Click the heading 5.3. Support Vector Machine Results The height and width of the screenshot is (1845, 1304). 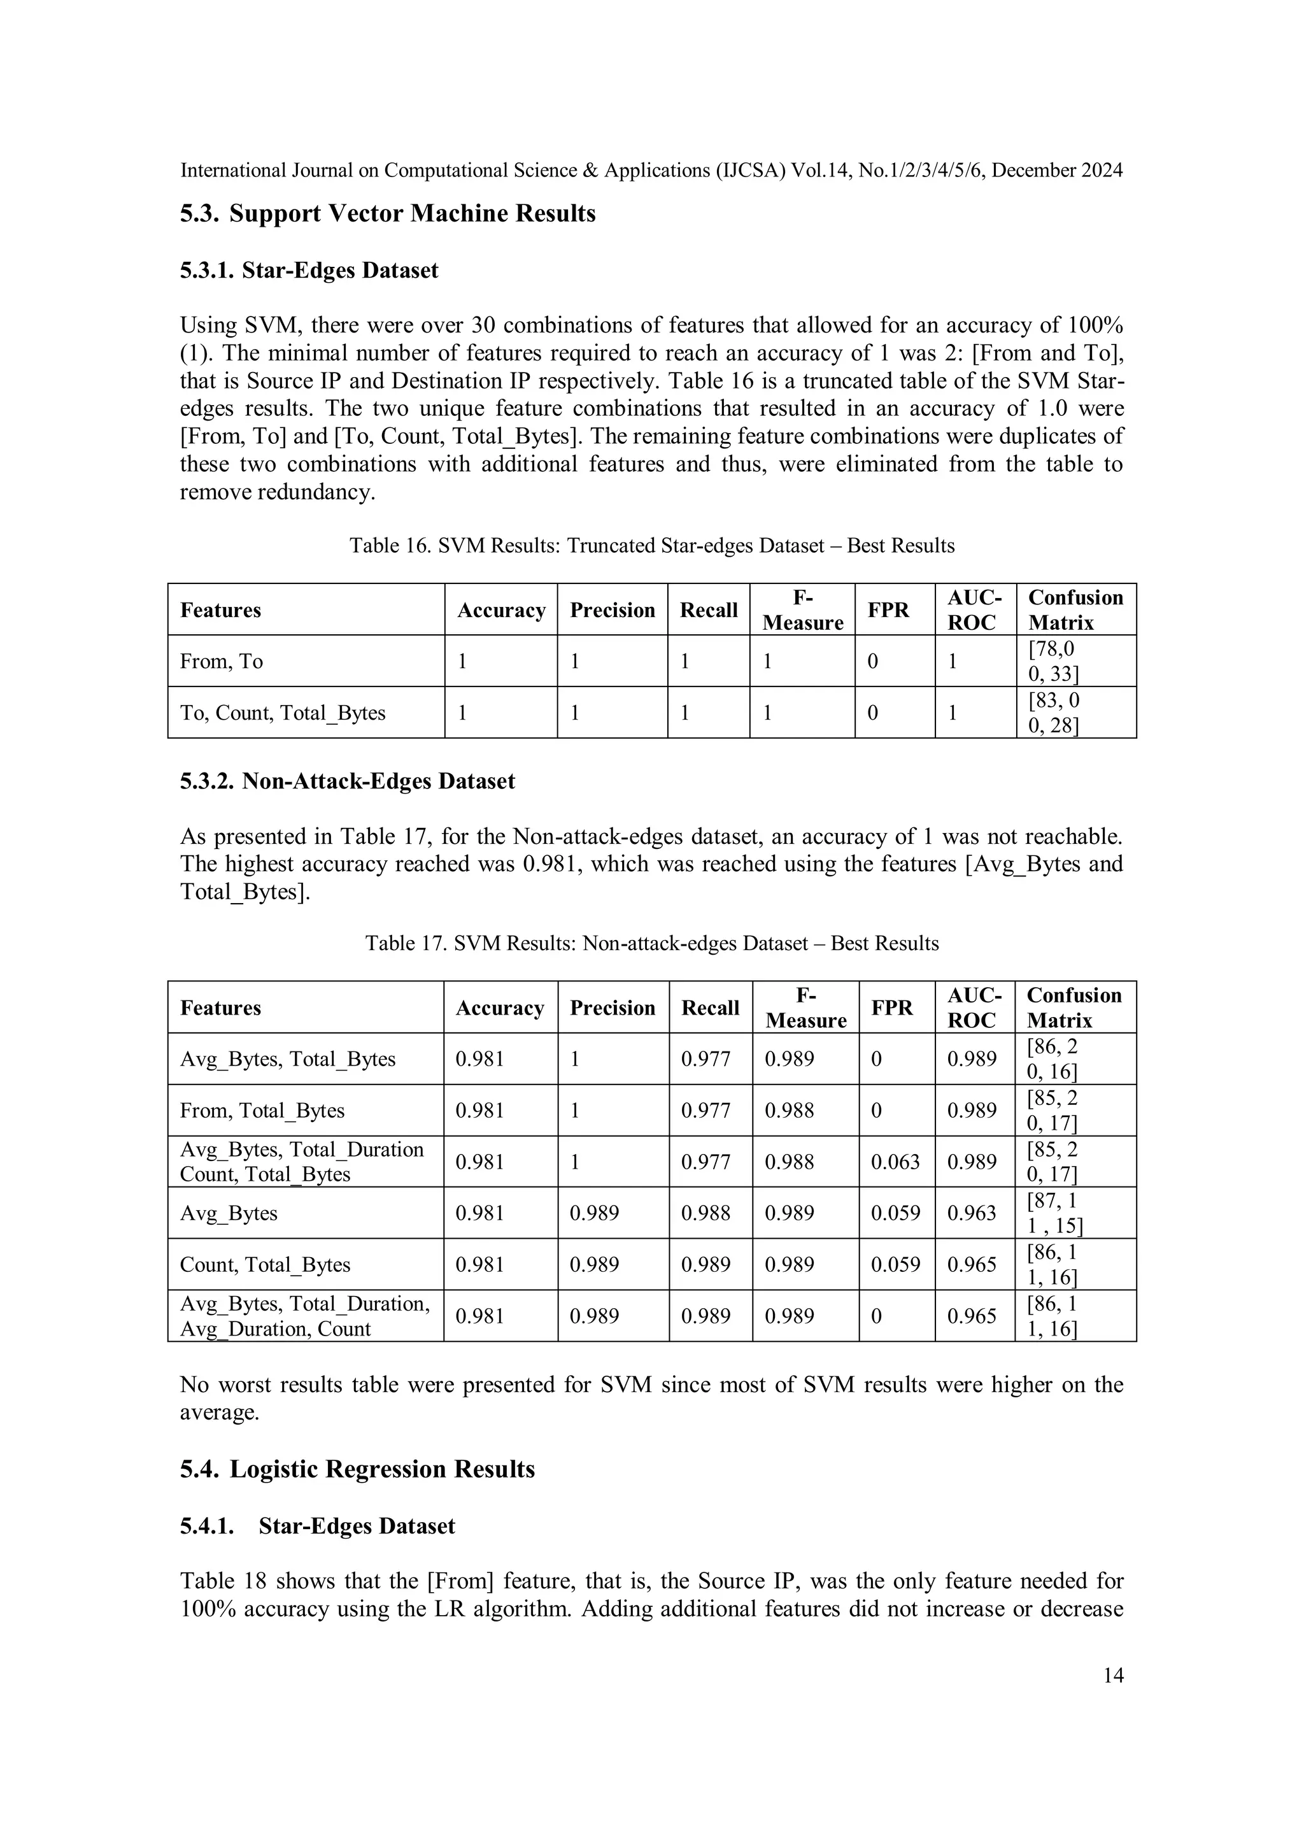tap(387, 214)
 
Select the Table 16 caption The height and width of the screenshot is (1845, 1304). tap(651, 546)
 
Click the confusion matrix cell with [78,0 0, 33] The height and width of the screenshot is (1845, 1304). tap(1052, 660)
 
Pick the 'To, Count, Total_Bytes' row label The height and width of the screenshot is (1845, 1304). tap(283, 713)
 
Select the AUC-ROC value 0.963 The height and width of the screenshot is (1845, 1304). tap(972, 1213)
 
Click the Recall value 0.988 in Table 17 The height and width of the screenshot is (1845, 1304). tap(705, 1213)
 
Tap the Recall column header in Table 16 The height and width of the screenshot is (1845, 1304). tap(708, 610)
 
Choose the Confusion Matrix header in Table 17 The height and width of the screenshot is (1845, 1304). tap(1074, 1008)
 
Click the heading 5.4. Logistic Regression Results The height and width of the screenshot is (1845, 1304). tap(358, 1470)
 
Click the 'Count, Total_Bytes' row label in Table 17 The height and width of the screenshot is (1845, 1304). tap(265, 1265)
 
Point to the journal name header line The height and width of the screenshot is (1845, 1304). tap(651, 170)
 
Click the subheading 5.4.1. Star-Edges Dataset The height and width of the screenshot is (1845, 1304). tap(317, 1526)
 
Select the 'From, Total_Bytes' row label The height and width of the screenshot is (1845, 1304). tap(262, 1111)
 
